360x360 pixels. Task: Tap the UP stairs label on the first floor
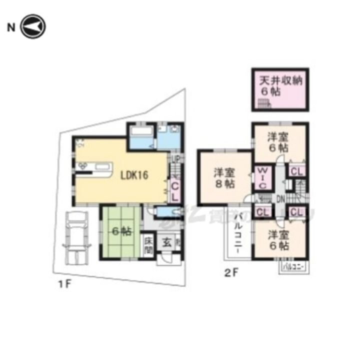point(175,159)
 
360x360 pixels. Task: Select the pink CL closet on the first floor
point(175,190)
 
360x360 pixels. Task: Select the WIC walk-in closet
point(262,178)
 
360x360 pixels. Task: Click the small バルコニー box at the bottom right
point(293,267)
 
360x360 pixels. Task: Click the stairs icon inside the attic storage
point(264,104)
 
